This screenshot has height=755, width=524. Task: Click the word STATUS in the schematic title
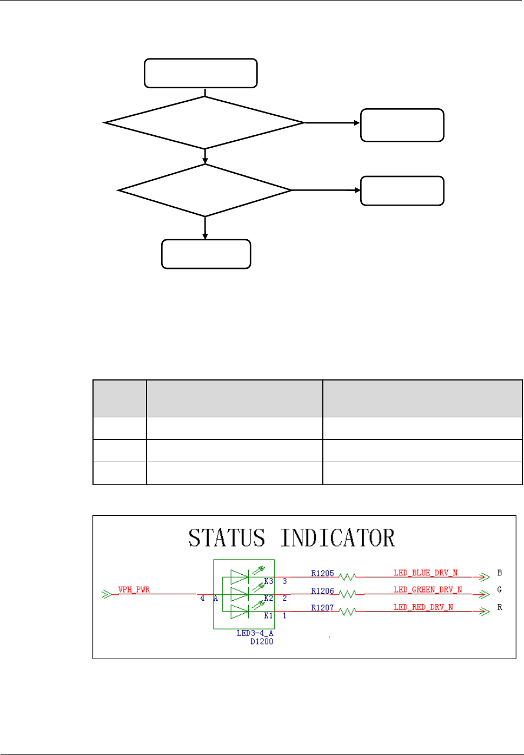point(227,538)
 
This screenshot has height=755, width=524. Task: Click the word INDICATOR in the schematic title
point(337,538)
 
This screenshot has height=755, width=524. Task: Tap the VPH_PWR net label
point(134,589)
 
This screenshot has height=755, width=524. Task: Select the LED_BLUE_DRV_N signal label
point(426,573)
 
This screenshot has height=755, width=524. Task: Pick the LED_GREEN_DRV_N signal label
point(428,590)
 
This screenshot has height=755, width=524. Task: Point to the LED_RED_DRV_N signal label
point(423,607)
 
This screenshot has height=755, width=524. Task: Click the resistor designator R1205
point(322,574)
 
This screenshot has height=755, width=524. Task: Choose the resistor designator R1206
point(322,591)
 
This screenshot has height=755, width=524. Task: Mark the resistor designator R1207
point(322,608)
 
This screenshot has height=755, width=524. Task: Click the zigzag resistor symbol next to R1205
point(347,577)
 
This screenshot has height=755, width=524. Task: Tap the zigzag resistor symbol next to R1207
point(347,612)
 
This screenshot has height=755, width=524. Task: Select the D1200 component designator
point(262,642)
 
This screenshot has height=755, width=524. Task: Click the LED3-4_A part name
point(255,633)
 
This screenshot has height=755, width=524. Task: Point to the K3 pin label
point(268,581)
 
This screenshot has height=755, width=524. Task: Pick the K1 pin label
point(268,616)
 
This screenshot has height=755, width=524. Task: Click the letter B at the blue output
point(500,573)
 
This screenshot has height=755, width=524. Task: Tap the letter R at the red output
point(500,607)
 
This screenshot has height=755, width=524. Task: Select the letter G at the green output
point(500,590)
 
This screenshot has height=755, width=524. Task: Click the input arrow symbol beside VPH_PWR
point(107,594)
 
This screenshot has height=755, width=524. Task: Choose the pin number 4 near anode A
point(202,598)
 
